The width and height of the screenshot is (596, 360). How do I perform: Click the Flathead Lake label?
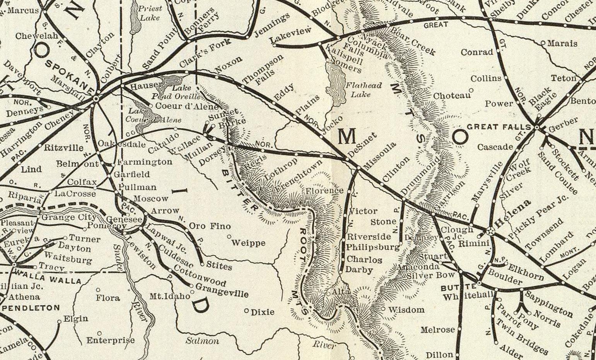[363, 90]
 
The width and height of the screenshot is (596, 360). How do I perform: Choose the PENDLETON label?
[31, 308]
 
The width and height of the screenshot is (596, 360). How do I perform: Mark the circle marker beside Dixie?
[246, 311]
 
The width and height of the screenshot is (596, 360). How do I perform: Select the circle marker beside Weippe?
[229, 236]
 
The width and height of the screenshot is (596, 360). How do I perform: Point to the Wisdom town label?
[406, 310]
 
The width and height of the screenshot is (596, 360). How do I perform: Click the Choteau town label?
[451, 95]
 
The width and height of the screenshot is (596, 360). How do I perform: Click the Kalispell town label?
[345, 55]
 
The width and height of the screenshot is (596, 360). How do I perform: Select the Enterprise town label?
[110, 340]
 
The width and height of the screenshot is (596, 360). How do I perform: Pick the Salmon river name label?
[202, 341]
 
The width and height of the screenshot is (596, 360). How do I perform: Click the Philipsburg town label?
[372, 247]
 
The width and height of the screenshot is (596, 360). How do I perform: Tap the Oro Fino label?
[210, 226]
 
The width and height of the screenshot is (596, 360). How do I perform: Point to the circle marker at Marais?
[543, 43]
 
